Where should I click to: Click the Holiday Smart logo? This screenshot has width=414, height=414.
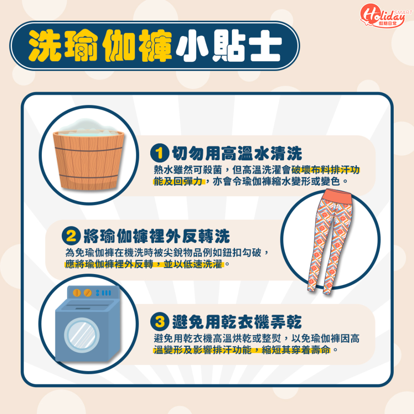(386, 15)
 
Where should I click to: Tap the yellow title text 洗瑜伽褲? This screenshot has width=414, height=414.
(100, 46)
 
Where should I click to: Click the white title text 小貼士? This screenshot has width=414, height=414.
(229, 46)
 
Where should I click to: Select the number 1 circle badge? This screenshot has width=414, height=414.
(160, 153)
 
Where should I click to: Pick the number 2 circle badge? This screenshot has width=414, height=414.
(71, 236)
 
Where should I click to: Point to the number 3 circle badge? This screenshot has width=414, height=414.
(160, 322)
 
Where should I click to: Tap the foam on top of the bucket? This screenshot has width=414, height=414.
(89, 126)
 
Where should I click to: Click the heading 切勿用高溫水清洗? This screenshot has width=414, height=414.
(237, 154)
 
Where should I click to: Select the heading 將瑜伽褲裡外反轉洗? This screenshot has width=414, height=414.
(156, 236)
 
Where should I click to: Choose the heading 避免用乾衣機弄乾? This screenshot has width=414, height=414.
(237, 322)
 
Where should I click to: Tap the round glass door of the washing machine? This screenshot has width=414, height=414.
(82, 335)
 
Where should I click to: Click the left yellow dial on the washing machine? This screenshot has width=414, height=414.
(77, 293)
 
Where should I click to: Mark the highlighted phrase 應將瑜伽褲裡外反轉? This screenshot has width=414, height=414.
(109, 264)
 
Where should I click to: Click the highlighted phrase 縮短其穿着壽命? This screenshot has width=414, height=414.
(296, 350)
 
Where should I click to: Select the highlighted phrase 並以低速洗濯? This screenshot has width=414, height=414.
(193, 264)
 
